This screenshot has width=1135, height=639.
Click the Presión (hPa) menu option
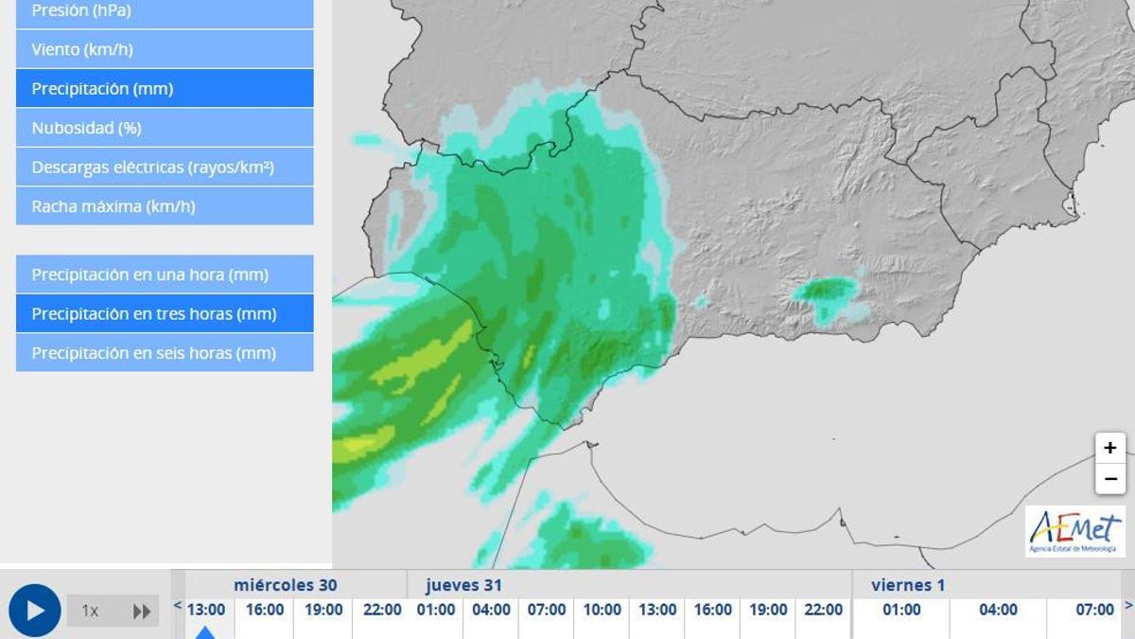tap(165, 12)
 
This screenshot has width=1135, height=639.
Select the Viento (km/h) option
tap(165, 49)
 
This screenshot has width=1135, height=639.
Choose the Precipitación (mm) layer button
tap(165, 88)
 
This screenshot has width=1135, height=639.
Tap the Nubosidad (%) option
tap(165, 128)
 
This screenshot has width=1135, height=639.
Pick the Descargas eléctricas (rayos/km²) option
tap(165, 168)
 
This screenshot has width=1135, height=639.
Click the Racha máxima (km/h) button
tap(165, 206)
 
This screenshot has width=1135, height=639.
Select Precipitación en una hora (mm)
tap(165, 275)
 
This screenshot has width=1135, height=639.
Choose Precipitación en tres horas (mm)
tap(165, 313)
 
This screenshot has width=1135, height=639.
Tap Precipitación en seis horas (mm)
tap(165, 353)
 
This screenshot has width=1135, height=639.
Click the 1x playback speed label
tap(90, 612)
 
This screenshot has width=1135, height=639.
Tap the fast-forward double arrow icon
tap(142, 612)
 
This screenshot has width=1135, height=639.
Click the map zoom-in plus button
tap(1110, 448)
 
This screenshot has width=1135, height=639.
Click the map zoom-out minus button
tap(1110, 479)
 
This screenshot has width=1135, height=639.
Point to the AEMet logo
tap(1075, 531)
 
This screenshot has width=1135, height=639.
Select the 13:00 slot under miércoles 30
tap(206, 611)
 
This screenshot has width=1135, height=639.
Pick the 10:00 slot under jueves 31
tap(602, 611)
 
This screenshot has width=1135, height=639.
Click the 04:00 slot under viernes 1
tap(998, 611)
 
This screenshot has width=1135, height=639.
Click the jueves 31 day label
tap(463, 585)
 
